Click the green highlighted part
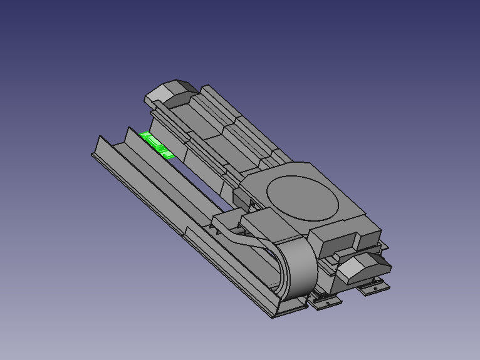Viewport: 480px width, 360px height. click(156, 144)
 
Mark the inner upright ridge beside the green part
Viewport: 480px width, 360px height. click(135, 141)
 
